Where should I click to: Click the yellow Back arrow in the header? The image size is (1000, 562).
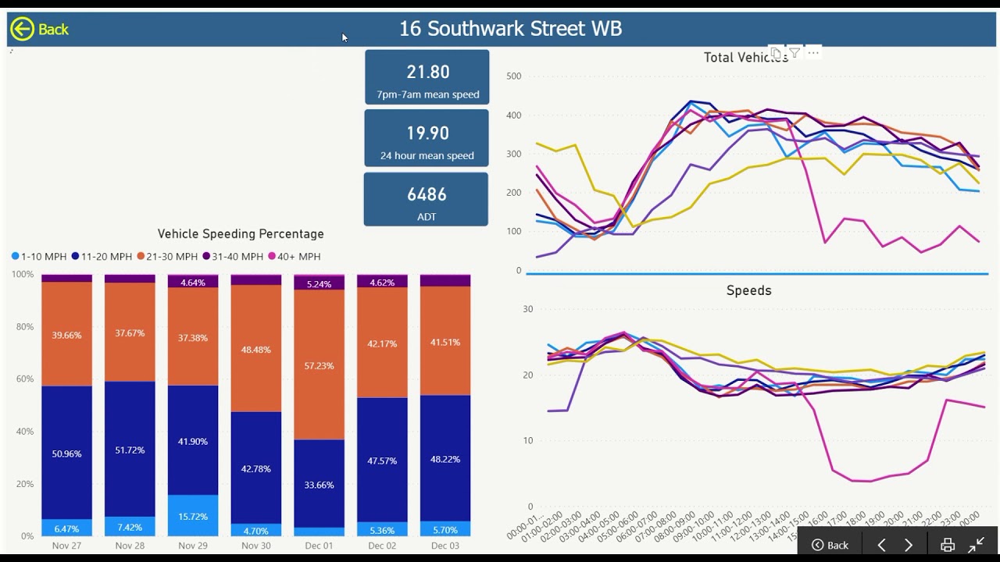22,29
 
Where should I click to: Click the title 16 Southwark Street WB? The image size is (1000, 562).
510,29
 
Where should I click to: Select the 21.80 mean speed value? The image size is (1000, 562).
427,72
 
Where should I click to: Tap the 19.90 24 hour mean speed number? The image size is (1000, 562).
427,133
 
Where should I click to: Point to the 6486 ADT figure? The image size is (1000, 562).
427,194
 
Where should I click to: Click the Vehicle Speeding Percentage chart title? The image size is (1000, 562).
241,234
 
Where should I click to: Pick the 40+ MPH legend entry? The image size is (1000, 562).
294,256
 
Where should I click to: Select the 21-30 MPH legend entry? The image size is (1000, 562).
167,256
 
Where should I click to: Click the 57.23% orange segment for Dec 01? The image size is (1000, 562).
319,365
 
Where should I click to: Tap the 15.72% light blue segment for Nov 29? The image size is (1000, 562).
193,517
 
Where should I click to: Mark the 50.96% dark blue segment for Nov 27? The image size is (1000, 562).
66,454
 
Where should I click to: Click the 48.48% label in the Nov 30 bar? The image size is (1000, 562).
255,350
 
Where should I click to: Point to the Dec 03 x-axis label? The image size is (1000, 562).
445,546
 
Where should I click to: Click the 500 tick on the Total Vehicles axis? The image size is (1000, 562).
513,76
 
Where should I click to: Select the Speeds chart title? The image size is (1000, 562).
748,290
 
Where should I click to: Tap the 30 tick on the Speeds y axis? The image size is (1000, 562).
528,309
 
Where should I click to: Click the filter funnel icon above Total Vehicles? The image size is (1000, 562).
794,53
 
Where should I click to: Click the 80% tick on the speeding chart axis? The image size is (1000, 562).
24,327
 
